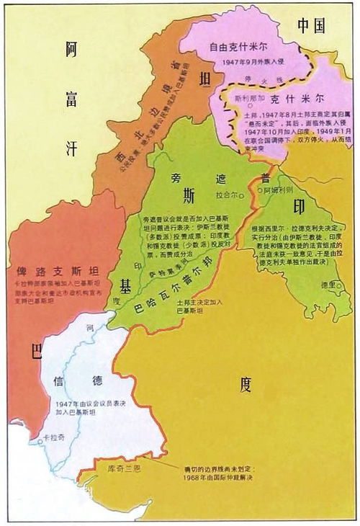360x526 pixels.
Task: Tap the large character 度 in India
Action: coord(246,385)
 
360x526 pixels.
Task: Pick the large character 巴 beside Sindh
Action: coord(35,351)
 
